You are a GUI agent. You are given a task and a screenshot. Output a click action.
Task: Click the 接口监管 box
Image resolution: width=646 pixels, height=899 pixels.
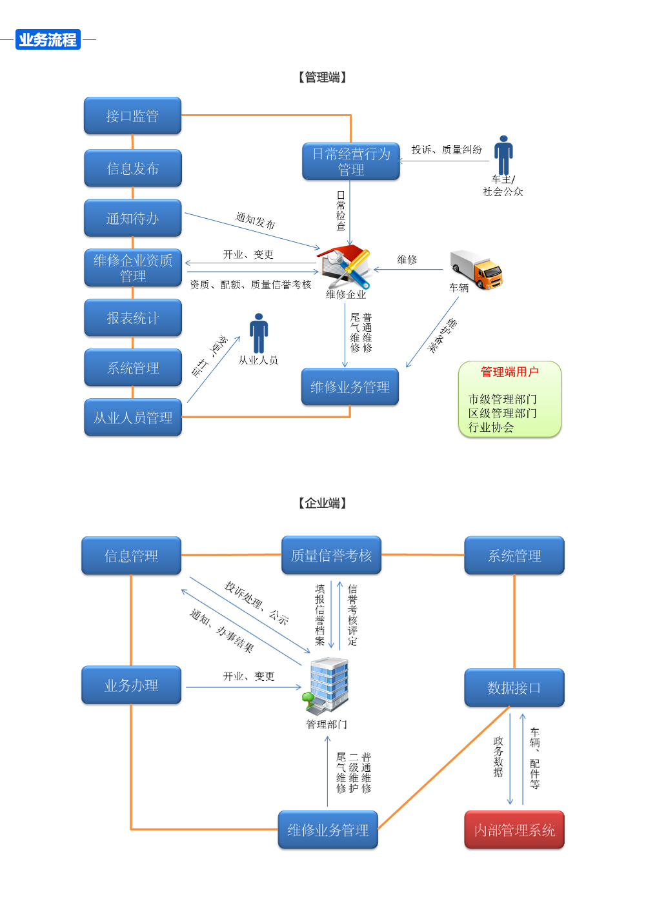[x=132, y=116]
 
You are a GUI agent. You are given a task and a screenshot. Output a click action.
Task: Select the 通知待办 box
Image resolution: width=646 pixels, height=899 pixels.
[x=132, y=219]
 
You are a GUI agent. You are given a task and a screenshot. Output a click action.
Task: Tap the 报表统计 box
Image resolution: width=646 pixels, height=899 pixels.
[x=132, y=318]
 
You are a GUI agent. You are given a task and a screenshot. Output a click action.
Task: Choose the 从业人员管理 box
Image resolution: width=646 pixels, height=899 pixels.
[x=132, y=418]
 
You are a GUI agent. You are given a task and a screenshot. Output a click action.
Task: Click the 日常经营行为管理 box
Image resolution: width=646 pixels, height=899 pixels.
[x=351, y=162]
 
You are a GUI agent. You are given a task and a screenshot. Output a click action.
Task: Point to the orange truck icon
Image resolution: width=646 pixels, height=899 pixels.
[x=478, y=269]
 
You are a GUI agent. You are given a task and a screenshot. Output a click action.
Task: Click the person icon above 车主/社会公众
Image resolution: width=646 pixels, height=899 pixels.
[x=503, y=155]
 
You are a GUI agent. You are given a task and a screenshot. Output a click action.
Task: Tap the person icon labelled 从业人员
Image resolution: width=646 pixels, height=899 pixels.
[x=259, y=333]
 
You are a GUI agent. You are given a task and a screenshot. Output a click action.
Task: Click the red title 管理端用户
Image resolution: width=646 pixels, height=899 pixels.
[x=509, y=372]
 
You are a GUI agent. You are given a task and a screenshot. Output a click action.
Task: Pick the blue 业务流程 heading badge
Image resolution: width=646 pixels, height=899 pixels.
[x=48, y=40]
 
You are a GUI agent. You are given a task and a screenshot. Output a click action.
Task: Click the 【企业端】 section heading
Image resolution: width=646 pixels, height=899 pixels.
[x=323, y=503]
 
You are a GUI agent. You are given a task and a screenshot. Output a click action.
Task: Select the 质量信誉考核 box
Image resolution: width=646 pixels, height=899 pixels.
[x=331, y=556]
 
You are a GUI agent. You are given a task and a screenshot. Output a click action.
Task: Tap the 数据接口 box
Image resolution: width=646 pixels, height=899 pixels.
[x=514, y=688]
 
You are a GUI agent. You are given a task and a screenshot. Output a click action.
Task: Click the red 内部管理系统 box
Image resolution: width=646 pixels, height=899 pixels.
[x=514, y=830]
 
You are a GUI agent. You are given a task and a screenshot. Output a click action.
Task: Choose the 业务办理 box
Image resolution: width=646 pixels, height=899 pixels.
[x=131, y=685]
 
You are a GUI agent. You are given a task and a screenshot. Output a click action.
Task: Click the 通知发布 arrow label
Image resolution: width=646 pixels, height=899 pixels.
[x=255, y=221]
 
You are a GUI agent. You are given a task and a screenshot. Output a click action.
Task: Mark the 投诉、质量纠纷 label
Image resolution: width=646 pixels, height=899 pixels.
[x=447, y=150]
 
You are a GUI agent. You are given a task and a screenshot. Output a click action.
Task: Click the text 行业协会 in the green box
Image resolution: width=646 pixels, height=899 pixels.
[x=491, y=427]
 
